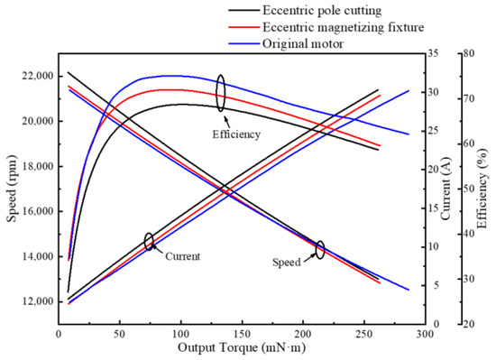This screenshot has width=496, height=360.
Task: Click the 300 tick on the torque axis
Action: click(427, 333)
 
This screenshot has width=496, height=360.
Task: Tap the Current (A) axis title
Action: click(448, 189)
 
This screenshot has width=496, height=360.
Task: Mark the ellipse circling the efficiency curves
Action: click(220, 93)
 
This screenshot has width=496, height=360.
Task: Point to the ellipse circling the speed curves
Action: click(319, 250)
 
